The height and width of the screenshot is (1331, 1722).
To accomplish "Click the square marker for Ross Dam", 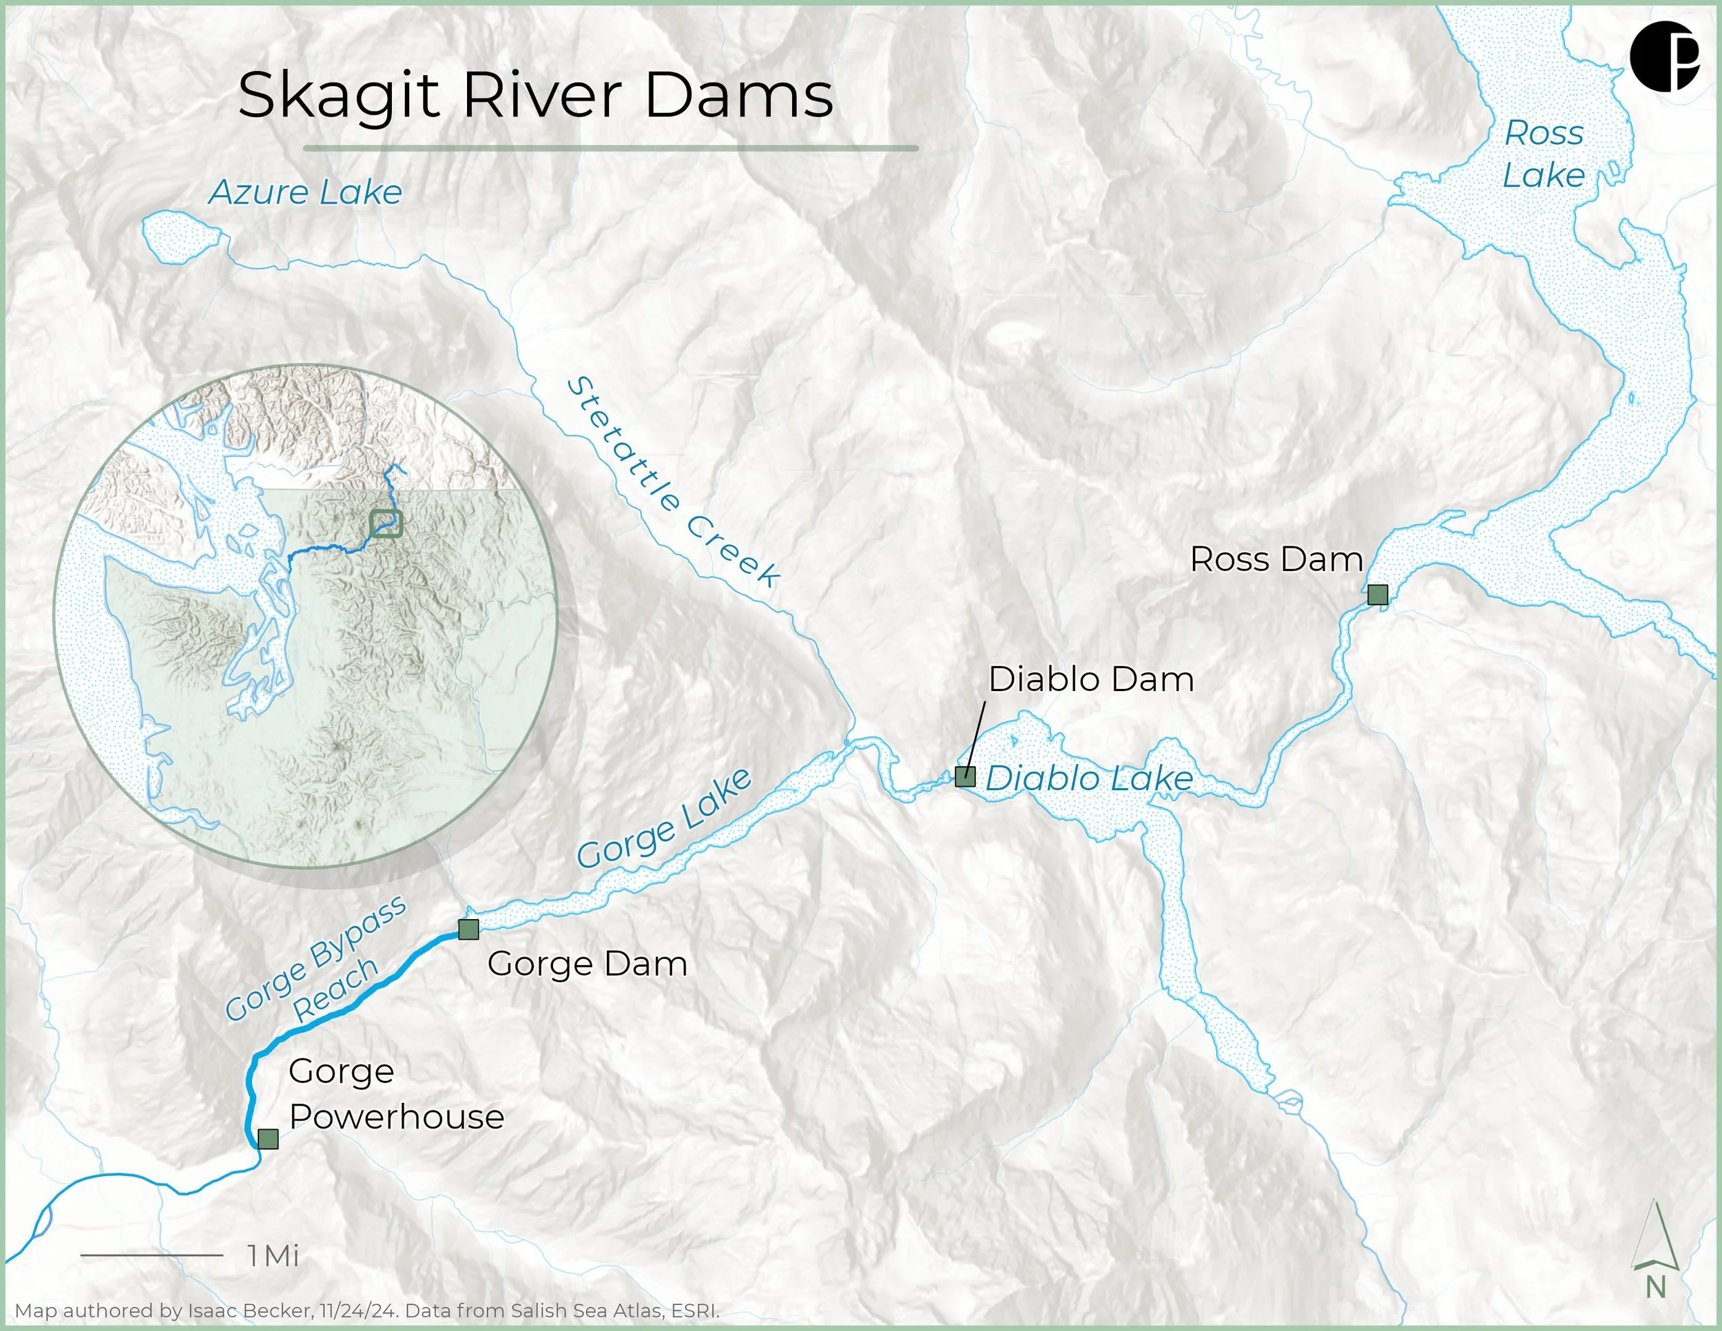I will [x=1378, y=595].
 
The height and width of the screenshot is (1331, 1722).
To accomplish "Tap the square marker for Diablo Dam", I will [x=965, y=776].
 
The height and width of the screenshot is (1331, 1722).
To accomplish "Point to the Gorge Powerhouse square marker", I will [x=268, y=1139].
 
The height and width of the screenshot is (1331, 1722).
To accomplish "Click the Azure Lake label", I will [x=305, y=192].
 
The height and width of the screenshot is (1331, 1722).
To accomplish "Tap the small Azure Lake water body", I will [x=180, y=236].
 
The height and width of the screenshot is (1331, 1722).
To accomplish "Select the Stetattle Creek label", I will [x=672, y=482].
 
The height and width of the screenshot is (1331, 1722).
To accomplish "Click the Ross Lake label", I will [x=1543, y=154].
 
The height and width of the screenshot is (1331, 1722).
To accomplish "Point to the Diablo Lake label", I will [x=1089, y=779].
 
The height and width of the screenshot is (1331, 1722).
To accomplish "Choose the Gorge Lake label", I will [x=664, y=818].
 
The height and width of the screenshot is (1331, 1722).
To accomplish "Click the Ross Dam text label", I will [x=1276, y=560].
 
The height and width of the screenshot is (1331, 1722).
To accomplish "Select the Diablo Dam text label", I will [x=1090, y=680].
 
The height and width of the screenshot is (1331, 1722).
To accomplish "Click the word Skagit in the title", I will [x=338, y=96].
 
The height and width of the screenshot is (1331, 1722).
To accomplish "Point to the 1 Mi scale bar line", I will [x=152, y=1255].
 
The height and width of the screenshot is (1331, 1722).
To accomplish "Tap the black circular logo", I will [x=1663, y=56].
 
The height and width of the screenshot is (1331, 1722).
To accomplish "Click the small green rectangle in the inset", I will [x=386, y=524].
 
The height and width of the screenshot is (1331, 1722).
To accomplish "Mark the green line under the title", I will [x=610, y=147].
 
